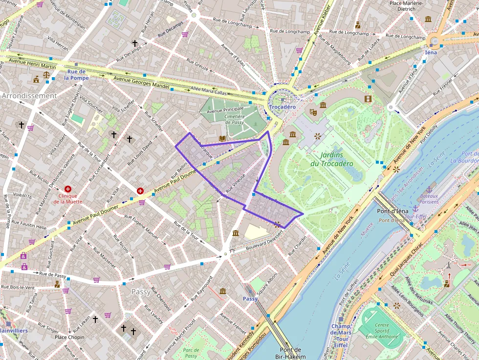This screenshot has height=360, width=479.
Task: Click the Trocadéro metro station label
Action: click(x=282, y=106)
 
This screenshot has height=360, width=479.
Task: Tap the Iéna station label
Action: click(x=431, y=52)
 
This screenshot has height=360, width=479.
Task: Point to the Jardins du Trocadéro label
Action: click(x=331, y=159)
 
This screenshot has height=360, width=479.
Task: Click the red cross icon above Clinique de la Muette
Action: click(x=68, y=189)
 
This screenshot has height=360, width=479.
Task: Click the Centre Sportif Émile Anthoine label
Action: click(x=381, y=331)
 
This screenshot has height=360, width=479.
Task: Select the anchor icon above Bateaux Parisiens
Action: click(x=429, y=189)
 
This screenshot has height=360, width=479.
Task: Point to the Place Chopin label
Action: click(x=69, y=337)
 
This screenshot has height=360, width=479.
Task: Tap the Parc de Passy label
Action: click(x=191, y=353)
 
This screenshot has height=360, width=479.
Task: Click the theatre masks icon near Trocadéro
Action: click(x=313, y=112)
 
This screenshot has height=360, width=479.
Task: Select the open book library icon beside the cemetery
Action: click(x=222, y=139)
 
